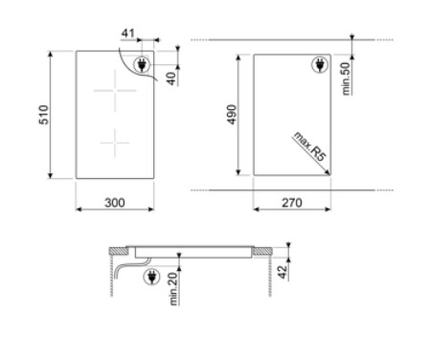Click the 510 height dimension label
pos(44,115)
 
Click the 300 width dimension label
pos(115,203)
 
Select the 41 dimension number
pos(128,34)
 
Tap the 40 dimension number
pos(171,79)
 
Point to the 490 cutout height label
pos(232,114)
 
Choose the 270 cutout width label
pos(292,203)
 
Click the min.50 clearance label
pos(346,79)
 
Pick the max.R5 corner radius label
pos(310,146)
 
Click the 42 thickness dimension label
pos(282,272)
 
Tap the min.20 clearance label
pos(173,289)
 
